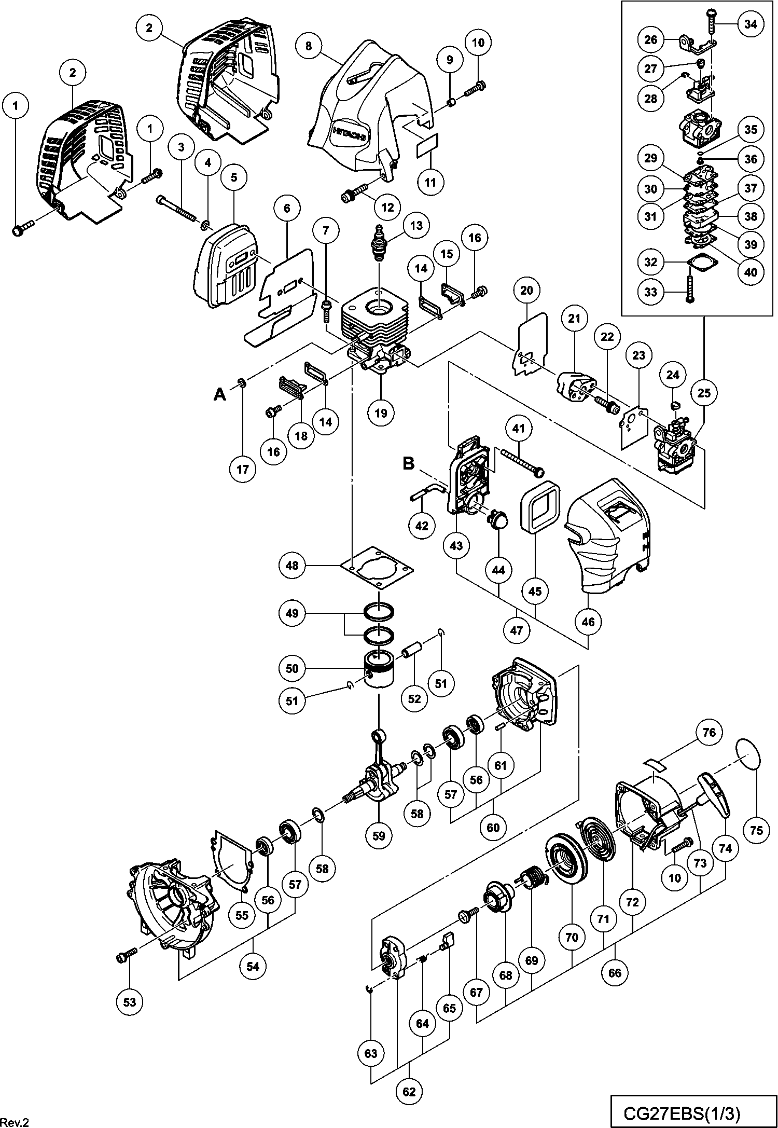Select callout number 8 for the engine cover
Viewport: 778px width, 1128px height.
[x=309, y=46]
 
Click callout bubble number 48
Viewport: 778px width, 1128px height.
[x=292, y=565]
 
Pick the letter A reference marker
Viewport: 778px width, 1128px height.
[x=220, y=395]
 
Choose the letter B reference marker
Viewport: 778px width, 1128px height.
[x=409, y=463]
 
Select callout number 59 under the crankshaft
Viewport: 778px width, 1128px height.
[x=379, y=836]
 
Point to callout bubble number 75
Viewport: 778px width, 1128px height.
[x=757, y=831]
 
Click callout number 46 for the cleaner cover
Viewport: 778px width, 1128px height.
[x=588, y=621]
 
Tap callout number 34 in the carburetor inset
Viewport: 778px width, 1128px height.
[x=751, y=24]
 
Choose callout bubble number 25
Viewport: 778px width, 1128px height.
[x=704, y=393]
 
